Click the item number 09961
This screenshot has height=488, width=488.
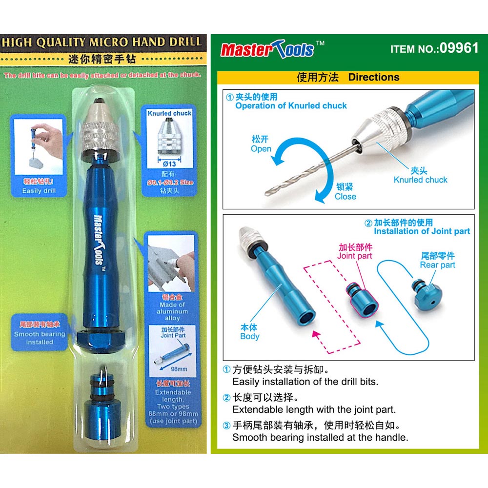coord(459,49)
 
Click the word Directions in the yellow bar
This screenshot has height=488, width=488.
coord(373,77)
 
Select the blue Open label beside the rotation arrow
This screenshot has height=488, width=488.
coord(261,148)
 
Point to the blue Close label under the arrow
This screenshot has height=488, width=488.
coord(345,197)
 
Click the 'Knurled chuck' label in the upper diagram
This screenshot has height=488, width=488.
coord(420,180)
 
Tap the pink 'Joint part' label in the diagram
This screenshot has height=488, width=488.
coord(355,256)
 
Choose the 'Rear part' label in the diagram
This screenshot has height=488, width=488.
coord(437,265)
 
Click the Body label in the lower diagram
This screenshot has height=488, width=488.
coord(249,336)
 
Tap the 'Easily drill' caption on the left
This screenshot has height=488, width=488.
coord(39,191)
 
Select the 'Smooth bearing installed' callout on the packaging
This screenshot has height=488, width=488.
coord(39,338)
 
